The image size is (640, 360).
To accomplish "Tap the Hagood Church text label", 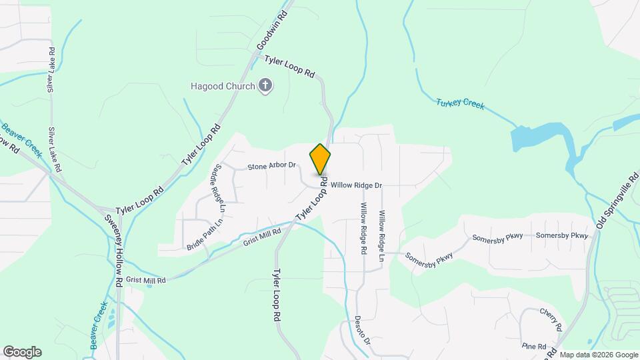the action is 223,86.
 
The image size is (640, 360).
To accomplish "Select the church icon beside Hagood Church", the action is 265,85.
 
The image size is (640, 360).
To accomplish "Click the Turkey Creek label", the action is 461,103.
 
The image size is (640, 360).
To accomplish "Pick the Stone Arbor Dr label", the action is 271,165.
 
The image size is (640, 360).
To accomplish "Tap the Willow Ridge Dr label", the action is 356,185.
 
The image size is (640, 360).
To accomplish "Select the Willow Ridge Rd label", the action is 364,228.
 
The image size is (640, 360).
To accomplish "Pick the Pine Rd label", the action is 534,347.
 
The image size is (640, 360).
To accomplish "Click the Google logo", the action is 22,351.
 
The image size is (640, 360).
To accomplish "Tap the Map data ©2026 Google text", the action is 599,355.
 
